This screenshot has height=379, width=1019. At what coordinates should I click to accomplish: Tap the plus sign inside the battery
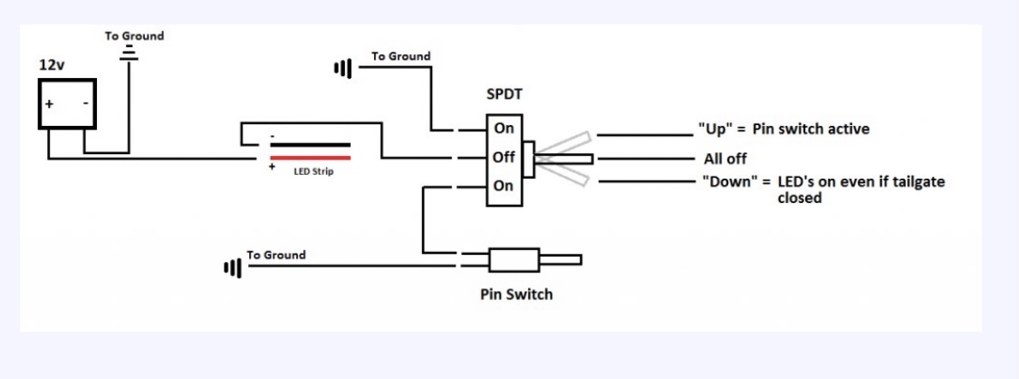point(49,104)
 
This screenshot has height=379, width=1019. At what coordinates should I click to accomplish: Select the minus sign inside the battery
point(86,103)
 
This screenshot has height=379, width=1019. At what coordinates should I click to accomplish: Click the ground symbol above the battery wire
point(129,53)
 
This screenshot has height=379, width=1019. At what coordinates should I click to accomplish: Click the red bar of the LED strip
point(311,158)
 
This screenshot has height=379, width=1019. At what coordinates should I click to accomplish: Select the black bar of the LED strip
point(311,146)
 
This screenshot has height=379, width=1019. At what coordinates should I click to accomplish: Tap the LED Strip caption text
point(313,172)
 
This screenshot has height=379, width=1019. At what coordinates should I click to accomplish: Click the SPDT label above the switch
point(505,95)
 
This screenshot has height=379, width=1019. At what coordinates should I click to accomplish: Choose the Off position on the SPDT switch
point(505,157)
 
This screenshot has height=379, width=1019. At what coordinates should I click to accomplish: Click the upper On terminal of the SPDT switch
point(505,128)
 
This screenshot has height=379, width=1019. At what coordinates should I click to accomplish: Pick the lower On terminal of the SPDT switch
point(505,186)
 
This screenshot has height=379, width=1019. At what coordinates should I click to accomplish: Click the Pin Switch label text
point(516,295)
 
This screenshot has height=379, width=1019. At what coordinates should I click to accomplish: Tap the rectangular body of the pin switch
point(514,260)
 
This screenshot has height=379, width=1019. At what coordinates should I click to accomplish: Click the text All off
point(726,159)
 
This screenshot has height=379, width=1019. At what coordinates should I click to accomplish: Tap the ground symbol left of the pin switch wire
point(233,267)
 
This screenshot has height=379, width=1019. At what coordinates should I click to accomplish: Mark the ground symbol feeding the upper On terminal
point(343,67)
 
